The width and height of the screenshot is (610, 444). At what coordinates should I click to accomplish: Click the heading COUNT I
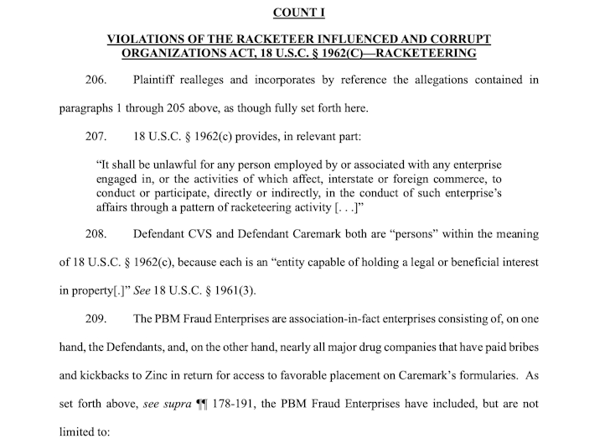click(305, 13)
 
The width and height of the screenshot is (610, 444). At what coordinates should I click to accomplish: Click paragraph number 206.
click(98, 81)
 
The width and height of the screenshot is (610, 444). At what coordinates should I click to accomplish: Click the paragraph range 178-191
click(249, 403)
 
